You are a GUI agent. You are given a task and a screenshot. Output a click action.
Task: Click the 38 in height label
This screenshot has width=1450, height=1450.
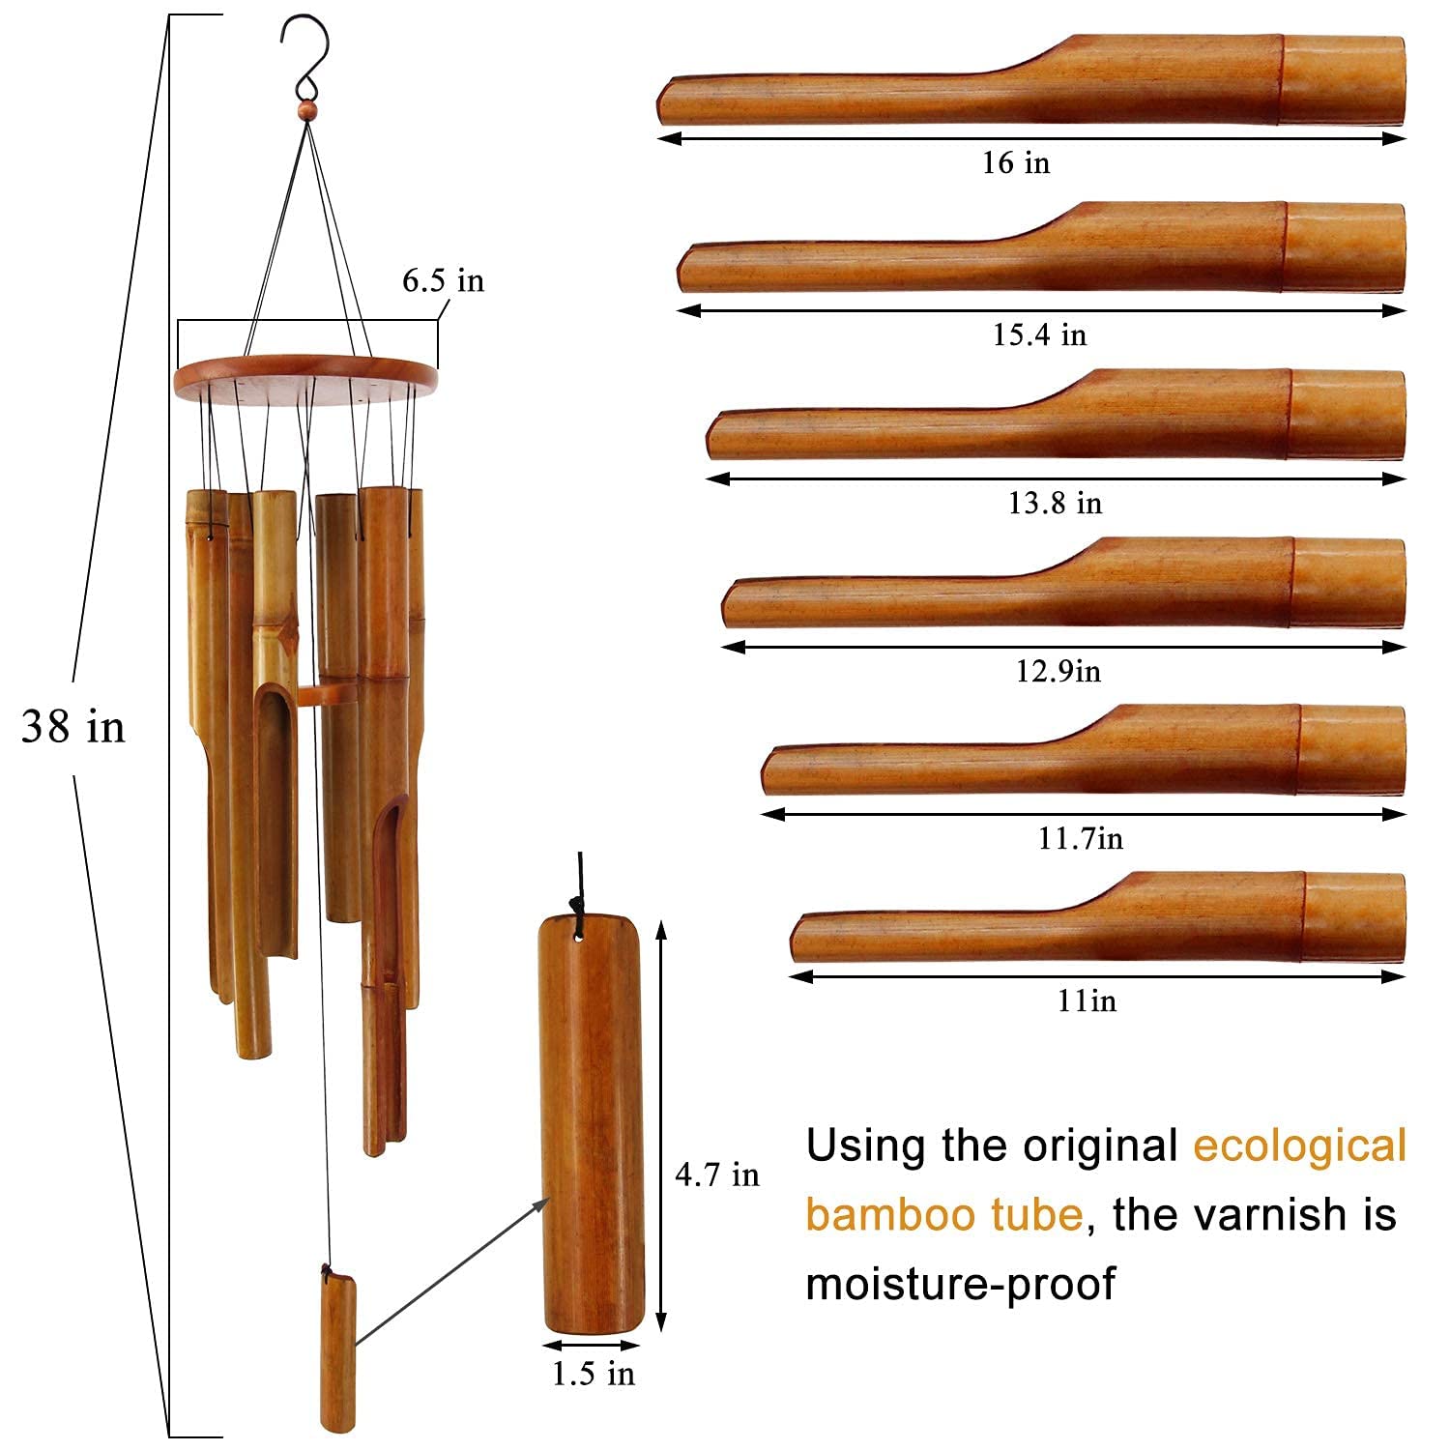[73, 726]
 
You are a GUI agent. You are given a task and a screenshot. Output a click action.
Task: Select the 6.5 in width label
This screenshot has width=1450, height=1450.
[443, 280]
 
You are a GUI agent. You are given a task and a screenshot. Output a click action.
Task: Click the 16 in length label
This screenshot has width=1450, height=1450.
[1015, 162]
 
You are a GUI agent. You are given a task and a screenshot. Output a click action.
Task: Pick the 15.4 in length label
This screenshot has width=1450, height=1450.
[1039, 334]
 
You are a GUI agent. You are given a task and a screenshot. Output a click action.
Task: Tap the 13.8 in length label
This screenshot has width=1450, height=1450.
[1055, 503]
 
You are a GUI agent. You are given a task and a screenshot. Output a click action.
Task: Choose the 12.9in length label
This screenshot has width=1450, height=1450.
[1058, 671]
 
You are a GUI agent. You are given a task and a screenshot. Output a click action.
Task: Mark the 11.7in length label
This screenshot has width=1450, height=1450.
[1081, 837]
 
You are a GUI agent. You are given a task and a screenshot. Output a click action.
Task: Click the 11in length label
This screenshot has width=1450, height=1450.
[1087, 1000]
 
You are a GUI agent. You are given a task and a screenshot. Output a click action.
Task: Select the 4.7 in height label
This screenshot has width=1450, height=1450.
[716, 1174]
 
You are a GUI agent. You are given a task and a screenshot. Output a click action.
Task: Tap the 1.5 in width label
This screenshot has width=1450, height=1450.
[594, 1374]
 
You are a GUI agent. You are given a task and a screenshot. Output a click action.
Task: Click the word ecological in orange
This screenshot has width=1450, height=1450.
[1299, 1145]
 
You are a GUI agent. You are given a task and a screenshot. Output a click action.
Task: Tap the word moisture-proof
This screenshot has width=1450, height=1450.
[960, 1285]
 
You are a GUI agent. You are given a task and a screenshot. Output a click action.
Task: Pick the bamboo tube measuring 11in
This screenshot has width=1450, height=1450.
[1097, 917]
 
